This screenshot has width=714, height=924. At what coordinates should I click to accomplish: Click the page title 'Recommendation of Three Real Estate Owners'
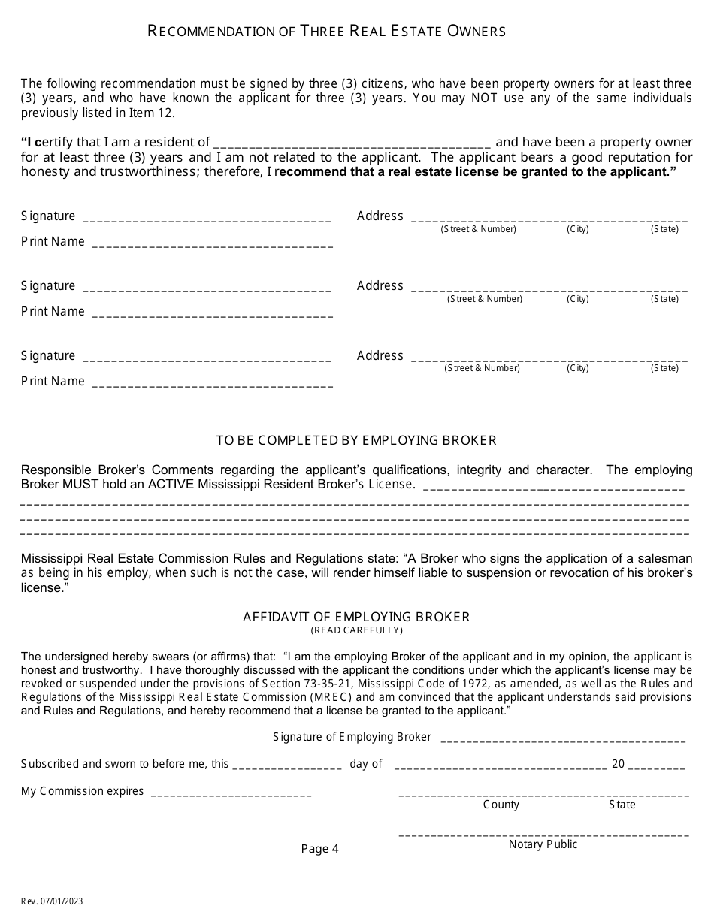tap(326, 31)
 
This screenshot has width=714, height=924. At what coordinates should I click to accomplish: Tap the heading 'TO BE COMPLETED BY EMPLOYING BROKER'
tap(356, 440)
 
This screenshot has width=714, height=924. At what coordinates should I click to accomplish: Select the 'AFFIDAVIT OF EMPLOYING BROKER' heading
tap(356, 617)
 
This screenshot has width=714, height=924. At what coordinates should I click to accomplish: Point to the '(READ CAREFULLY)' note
tap(356, 630)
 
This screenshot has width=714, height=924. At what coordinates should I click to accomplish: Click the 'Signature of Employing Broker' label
tap(352, 737)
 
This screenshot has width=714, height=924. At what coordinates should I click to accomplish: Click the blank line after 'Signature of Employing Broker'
tap(563, 740)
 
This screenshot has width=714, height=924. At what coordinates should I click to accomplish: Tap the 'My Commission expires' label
tap(82, 791)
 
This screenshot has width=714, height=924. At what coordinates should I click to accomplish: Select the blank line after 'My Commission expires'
tap(231, 794)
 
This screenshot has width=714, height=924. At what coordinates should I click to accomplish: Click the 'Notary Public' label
tap(543, 844)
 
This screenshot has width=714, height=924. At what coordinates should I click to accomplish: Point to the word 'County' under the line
tap(501, 805)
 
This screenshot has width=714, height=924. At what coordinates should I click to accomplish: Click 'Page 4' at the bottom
tap(320, 849)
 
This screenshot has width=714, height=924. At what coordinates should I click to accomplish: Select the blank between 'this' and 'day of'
tap(288, 767)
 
